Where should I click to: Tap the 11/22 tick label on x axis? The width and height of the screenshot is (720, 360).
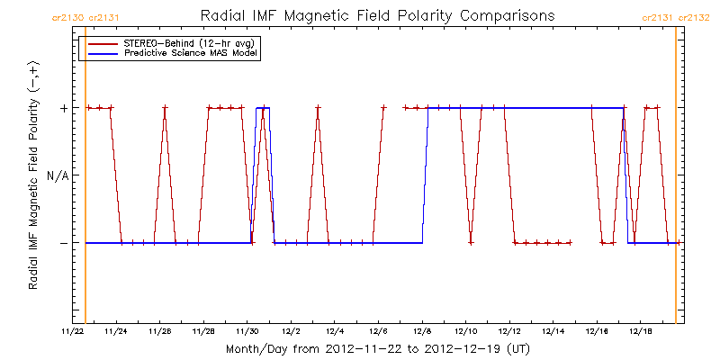73,331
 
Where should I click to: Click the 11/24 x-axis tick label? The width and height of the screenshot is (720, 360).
116,331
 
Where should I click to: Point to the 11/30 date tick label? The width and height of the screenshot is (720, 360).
247,331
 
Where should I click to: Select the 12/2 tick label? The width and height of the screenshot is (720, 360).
291,331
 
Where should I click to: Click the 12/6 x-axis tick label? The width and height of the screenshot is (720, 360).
378,331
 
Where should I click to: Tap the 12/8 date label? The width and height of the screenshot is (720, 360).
422,331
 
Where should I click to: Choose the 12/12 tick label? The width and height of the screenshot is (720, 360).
510,331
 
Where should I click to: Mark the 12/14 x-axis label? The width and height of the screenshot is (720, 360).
554,331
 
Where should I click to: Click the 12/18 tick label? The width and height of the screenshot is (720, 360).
642,331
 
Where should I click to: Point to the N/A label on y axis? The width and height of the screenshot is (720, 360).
57,175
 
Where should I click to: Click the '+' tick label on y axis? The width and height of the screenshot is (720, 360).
63,108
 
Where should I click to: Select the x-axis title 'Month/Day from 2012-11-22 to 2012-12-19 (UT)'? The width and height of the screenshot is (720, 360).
377,348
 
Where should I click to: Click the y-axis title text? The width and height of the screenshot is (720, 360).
33,175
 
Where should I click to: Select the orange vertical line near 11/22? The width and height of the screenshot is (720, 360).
85,180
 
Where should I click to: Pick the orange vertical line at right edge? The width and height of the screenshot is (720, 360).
675,180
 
